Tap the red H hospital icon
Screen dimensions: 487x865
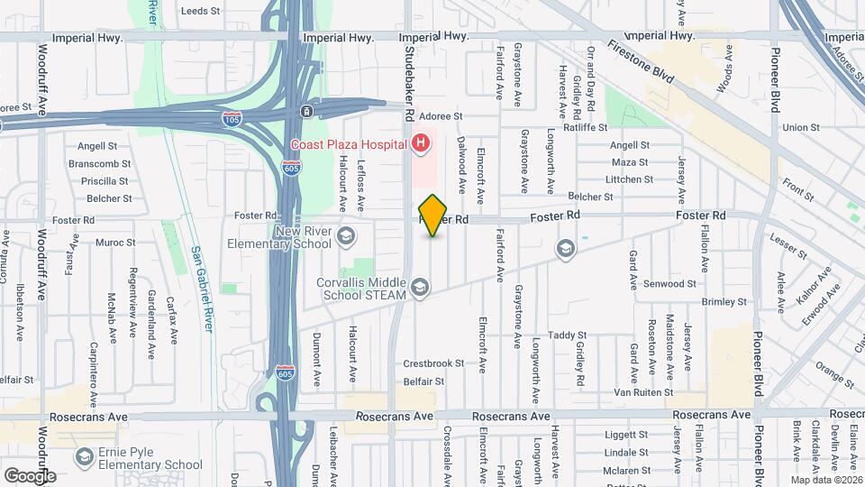[x=419, y=143]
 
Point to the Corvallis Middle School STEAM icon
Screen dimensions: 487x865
[x=419, y=288]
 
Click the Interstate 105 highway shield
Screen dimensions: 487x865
[x=231, y=118]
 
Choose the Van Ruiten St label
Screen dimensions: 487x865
[x=643, y=392]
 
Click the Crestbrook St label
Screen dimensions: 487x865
[x=433, y=363]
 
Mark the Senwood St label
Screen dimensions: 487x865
[x=669, y=283]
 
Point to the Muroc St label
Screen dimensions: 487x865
[x=114, y=243]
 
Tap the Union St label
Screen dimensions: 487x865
[x=801, y=127]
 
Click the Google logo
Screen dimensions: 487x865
[x=30, y=476]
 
